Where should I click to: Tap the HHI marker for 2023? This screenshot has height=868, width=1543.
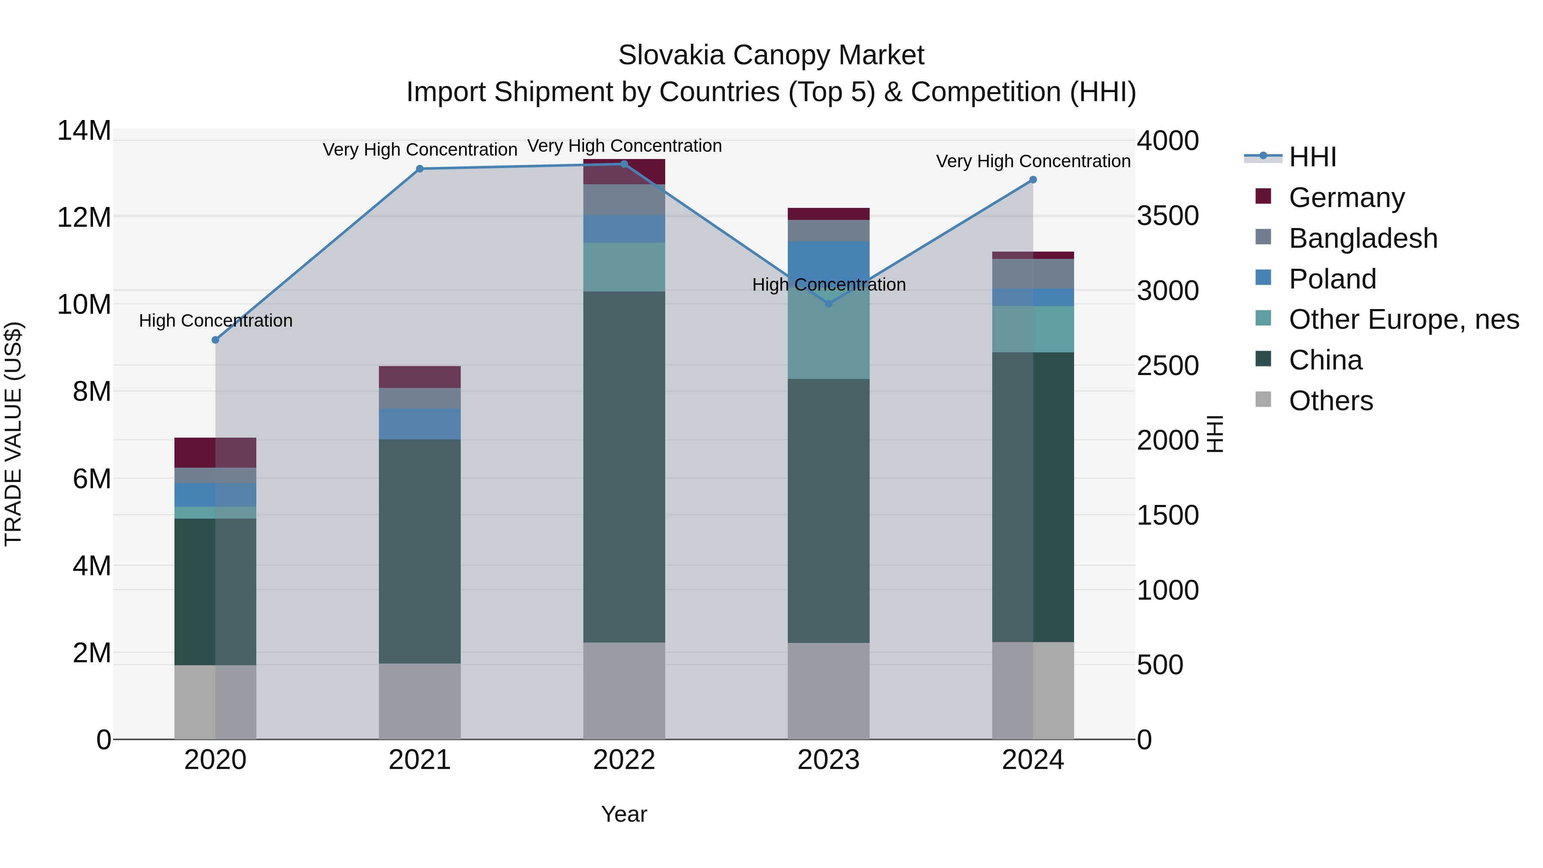pos(829,304)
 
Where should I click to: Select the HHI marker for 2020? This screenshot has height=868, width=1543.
pos(216,339)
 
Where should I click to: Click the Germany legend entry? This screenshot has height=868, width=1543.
pos(1346,198)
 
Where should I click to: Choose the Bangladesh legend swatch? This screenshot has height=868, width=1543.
pos(1263,237)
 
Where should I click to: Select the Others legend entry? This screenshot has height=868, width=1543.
pos(1330,401)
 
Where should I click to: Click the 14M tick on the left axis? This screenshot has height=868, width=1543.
pos(84,131)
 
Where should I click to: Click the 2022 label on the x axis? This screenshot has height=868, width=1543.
pos(624,760)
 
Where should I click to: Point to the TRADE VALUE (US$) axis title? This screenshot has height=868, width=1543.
pos(13,434)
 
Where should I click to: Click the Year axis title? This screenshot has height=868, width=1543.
pos(624,814)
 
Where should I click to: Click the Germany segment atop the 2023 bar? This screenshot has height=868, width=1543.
pos(829,214)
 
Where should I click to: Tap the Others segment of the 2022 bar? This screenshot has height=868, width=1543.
pos(624,691)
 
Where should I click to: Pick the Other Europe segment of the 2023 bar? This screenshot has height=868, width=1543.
pos(829,336)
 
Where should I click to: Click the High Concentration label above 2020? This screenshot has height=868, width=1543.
pos(216,321)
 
